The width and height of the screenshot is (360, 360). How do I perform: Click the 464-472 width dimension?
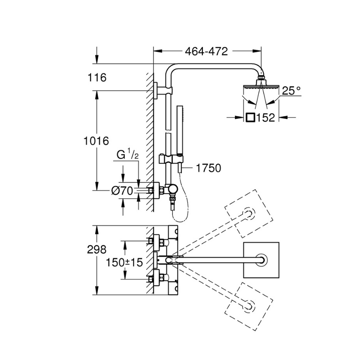(x=206, y=51)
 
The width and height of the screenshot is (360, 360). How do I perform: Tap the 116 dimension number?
(x=96, y=77)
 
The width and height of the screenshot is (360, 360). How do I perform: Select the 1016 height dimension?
(x=96, y=141)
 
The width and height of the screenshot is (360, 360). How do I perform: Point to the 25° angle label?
(x=291, y=91)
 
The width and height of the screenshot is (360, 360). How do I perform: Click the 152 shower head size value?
(x=266, y=117)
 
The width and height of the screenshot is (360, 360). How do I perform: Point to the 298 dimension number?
(x=96, y=249)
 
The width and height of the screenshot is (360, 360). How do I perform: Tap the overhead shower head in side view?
(x=261, y=85)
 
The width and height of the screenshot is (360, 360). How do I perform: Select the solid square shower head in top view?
(x=261, y=260)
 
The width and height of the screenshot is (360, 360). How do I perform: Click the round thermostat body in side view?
(x=172, y=189)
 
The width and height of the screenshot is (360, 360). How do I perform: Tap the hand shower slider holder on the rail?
(x=166, y=159)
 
